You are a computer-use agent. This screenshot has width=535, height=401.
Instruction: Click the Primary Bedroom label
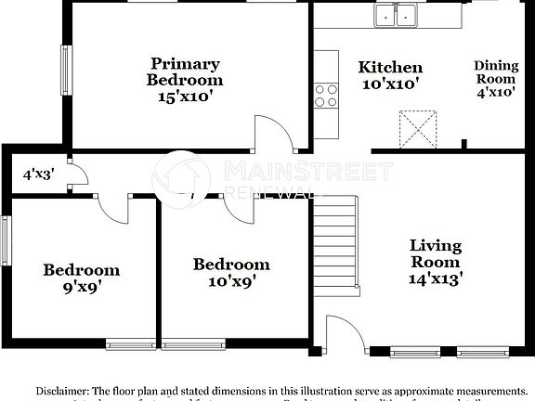click(x=185, y=80)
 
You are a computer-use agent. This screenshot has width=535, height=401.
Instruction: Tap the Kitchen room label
click(x=390, y=75)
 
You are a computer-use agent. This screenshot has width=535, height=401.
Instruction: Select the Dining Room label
click(x=496, y=78)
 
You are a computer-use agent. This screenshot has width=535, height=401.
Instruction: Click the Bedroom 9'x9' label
click(x=82, y=278)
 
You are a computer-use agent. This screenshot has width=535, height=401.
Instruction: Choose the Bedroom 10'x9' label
click(x=231, y=272)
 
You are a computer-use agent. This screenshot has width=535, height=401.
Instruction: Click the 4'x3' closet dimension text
click(x=37, y=172)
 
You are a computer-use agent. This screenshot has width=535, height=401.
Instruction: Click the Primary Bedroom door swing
click(x=273, y=136)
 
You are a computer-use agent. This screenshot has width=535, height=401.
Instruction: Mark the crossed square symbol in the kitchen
click(x=418, y=127)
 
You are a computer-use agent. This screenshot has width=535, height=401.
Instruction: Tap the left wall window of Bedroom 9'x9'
click(x=5, y=244)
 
